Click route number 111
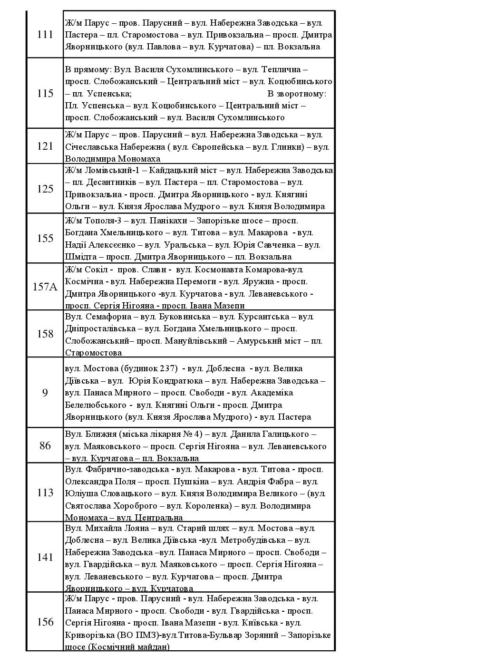coord(45,35)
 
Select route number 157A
coord(45,287)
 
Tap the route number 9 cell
coord(45,393)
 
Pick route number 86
coord(45,446)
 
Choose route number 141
coord(45,557)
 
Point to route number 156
coord(45,622)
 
